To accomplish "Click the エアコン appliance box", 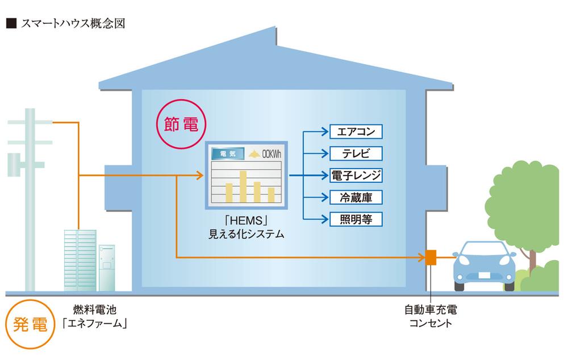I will tap(356, 132).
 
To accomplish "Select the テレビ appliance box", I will tap(356, 153).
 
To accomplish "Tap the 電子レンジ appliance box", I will tap(356, 175).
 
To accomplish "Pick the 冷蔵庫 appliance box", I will tap(356, 197).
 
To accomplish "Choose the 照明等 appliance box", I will tap(356, 219).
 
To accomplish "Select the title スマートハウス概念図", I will tap(73, 23).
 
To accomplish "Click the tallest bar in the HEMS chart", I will tap(243, 186).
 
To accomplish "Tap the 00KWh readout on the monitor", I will tap(265, 153).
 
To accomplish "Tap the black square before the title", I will tap(10, 24).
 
